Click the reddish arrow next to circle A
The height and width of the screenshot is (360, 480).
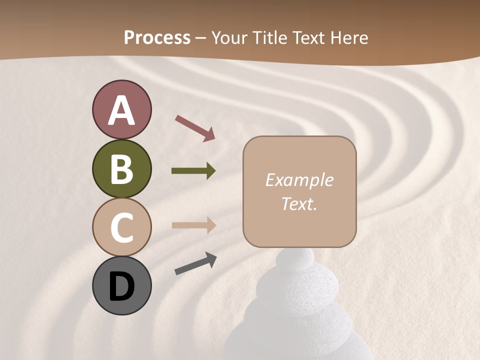click(x=195, y=127)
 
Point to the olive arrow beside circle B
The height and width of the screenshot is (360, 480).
click(x=193, y=171)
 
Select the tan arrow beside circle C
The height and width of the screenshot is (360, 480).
click(x=193, y=225)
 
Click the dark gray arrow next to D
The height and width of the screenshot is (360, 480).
click(x=195, y=263)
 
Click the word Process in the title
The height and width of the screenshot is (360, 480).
click(x=157, y=37)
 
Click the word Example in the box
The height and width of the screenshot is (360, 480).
click(x=299, y=180)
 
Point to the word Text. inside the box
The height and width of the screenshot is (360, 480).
click(x=299, y=203)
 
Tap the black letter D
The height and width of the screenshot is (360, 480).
click(x=121, y=286)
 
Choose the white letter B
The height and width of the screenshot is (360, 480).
click(x=121, y=169)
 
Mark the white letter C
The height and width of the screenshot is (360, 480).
click(x=121, y=227)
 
